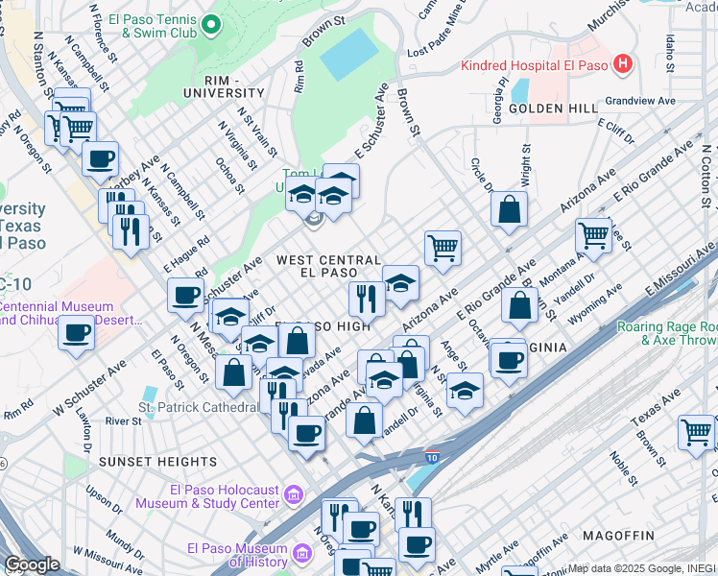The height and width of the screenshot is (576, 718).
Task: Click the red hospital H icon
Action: [x=624, y=64]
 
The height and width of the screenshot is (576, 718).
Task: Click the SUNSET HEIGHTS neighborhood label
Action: [x=144, y=462]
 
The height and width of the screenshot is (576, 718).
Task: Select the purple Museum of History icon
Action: [x=302, y=554]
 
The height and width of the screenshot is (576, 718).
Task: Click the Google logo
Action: [x=32, y=564]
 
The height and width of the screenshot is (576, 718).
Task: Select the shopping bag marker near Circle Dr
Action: [x=509, y=207]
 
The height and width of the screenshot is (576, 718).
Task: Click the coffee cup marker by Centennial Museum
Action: [x=76, y=333]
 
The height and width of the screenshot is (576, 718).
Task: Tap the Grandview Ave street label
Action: [x=640, y=100]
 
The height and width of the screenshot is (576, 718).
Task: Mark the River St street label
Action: [x=124, y=420]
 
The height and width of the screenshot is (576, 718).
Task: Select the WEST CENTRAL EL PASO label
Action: [x=329, y=268]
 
